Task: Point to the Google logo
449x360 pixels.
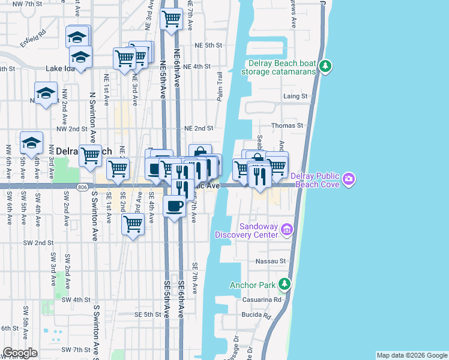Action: coord(20,353)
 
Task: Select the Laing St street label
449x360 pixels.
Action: coord(295,96)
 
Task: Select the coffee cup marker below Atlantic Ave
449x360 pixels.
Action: coord(174,206)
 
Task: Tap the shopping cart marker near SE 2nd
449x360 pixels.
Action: coord(132,225)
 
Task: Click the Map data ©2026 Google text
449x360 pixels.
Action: coord(411,355)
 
